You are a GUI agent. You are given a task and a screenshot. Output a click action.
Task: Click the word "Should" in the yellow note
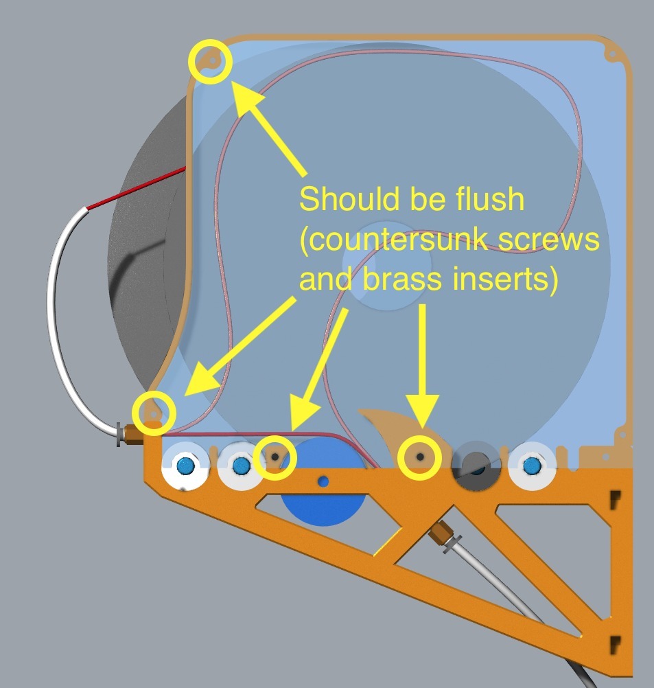pos(349,198)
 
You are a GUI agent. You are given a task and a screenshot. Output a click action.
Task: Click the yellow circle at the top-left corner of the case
pos(210,61)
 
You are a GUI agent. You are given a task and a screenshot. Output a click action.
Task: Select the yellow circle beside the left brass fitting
pos(154,413)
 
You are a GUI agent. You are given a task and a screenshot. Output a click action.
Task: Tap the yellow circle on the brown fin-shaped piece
pos(419,458)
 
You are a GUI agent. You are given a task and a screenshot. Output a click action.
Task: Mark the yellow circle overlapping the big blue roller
pos(275,458)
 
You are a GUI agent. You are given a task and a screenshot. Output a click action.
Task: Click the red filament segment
pos(137,188)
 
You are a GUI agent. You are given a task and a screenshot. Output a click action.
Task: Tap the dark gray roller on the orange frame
pos(476,466)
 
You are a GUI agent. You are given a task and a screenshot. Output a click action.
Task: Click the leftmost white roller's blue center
pos(185,466)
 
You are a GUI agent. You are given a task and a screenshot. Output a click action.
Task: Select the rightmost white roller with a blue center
pos(532,465)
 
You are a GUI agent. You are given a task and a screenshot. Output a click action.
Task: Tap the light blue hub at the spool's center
pos(387,266)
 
